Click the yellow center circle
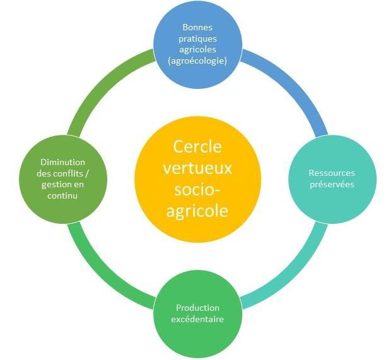point(197,180)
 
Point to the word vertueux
point(197,170)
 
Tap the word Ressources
point(332,173)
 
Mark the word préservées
point(332,184)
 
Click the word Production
point(197,308)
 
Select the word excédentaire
point(197,319)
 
